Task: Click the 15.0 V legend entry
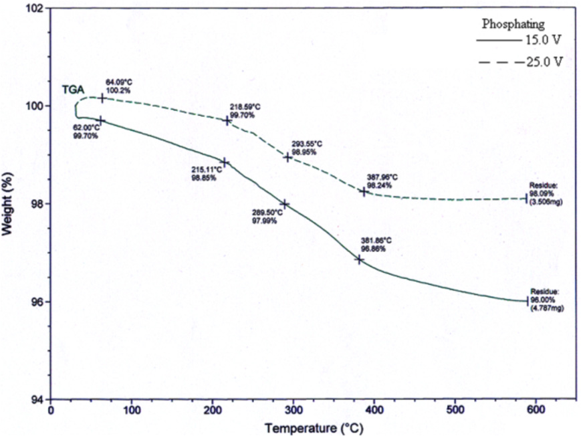pos(519,40)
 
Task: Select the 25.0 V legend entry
pos(519,62)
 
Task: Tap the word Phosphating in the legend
pos(513,24)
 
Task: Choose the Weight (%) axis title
pos(8,203)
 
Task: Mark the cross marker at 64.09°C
pos(102,98)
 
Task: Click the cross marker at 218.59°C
pos(227,120)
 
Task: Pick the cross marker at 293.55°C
pos(287,157)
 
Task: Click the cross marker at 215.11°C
pos(225,162)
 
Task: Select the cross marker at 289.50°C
pos(285,204)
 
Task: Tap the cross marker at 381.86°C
pos(359,259)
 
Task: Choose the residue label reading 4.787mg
pos(544,301)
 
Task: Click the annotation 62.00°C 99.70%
pos(86,131)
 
